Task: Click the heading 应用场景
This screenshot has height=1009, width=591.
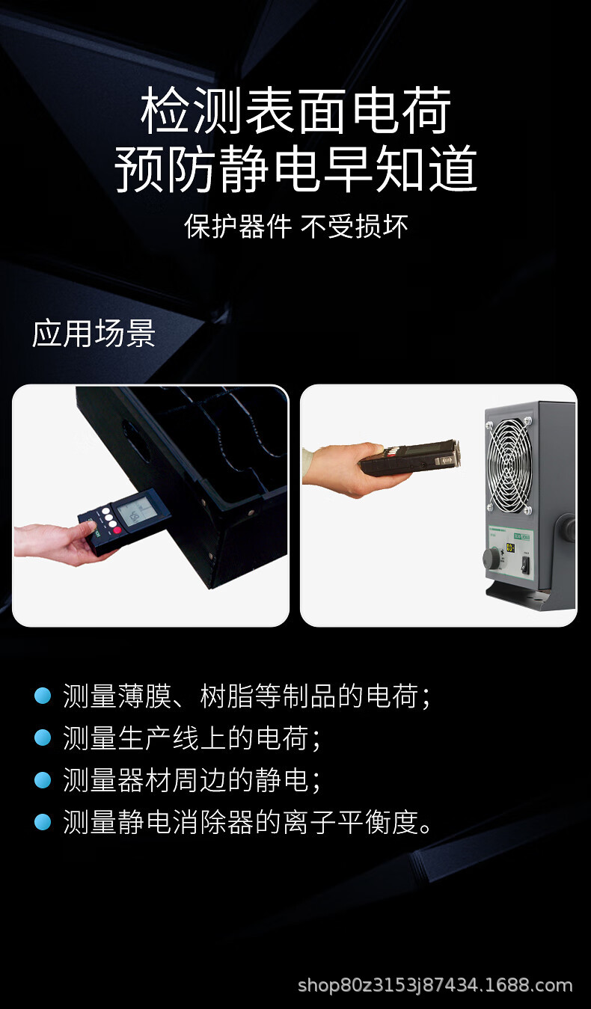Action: (x=94, y=334)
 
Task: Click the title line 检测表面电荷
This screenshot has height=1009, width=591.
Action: (x=296, y=111)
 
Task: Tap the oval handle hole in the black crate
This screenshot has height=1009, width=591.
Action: (x=132, y=436)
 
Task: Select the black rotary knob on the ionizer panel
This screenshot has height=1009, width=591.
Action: (x=492, y=557)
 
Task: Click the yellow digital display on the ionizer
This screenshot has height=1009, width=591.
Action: (x=509, y=550)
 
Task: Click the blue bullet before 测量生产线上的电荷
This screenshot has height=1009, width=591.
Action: (x=43, y=738)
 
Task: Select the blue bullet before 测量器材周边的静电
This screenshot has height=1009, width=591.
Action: (x=43, y=780)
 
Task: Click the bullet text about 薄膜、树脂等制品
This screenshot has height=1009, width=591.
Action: (x=246, y=696)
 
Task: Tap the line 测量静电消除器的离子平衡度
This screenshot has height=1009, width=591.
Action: (x=248, y=822)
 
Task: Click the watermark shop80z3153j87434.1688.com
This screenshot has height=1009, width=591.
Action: (x=435, y=985)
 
